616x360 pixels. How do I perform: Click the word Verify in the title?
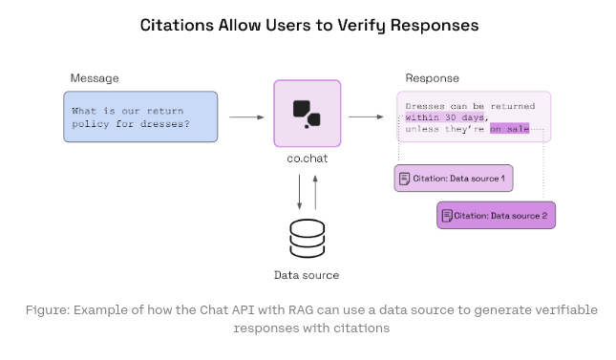[x=361, y=26]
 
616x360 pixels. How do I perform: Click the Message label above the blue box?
[x=95, y=78]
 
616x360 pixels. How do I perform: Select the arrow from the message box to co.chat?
[x=246, y=117]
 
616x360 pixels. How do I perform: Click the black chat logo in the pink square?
[x=307, y=114]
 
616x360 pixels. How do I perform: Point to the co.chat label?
[x=308, y=159]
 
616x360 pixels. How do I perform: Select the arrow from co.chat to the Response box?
[x=366, y=116]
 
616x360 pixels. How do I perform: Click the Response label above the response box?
[x=432, y=78]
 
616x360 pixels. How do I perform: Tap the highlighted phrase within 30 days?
[x=445, y=117]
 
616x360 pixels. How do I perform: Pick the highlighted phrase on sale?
[x=510, y=129]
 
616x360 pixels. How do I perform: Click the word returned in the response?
[x=513, y=106]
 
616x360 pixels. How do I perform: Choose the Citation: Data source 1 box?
[x=454, y=179]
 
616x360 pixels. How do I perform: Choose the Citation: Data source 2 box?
[x=497, y=216]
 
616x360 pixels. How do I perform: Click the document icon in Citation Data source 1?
[x=404, y=179]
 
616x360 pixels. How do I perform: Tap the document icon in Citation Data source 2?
[x=447, y=216]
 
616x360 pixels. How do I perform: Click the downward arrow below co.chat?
[x=299, y=192]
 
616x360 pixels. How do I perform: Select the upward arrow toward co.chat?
[x=315, y=192]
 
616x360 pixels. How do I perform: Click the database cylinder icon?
[x=308, y=239]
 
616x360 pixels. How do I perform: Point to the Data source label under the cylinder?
[x=307, y=275]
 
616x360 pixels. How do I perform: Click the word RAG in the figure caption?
[x=301, y=310]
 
